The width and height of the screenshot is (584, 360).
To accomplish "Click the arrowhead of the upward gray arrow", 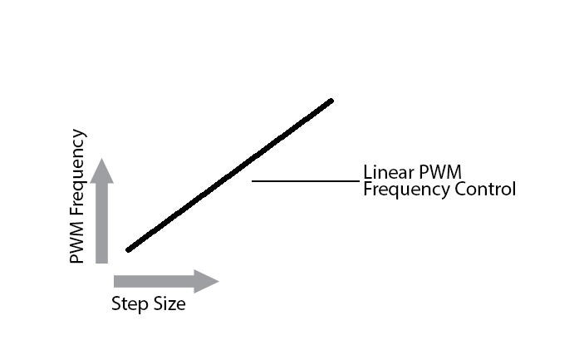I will pyautogui.click(x=102, y=170).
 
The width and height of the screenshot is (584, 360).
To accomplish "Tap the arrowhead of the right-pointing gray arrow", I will pyautogui.click(x=206, y=281).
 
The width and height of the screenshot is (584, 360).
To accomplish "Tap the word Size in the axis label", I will pyautogui.click(x=168, y=304).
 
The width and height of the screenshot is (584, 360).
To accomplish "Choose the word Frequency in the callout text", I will pyautogui.click(x=401, y=190).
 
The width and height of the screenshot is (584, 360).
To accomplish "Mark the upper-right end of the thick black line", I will pyautogui.click(x=331, y=101).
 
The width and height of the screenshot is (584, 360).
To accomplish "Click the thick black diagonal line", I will pyautogui.click(x=229, y=175).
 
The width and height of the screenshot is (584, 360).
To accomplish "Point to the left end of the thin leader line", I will pyautogui.click(x=253, y=180).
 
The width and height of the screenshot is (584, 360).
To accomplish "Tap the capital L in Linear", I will pyautogui.click(x=367, y=173).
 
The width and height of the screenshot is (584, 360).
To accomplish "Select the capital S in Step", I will pyautogui.click(x=116, y=304).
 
